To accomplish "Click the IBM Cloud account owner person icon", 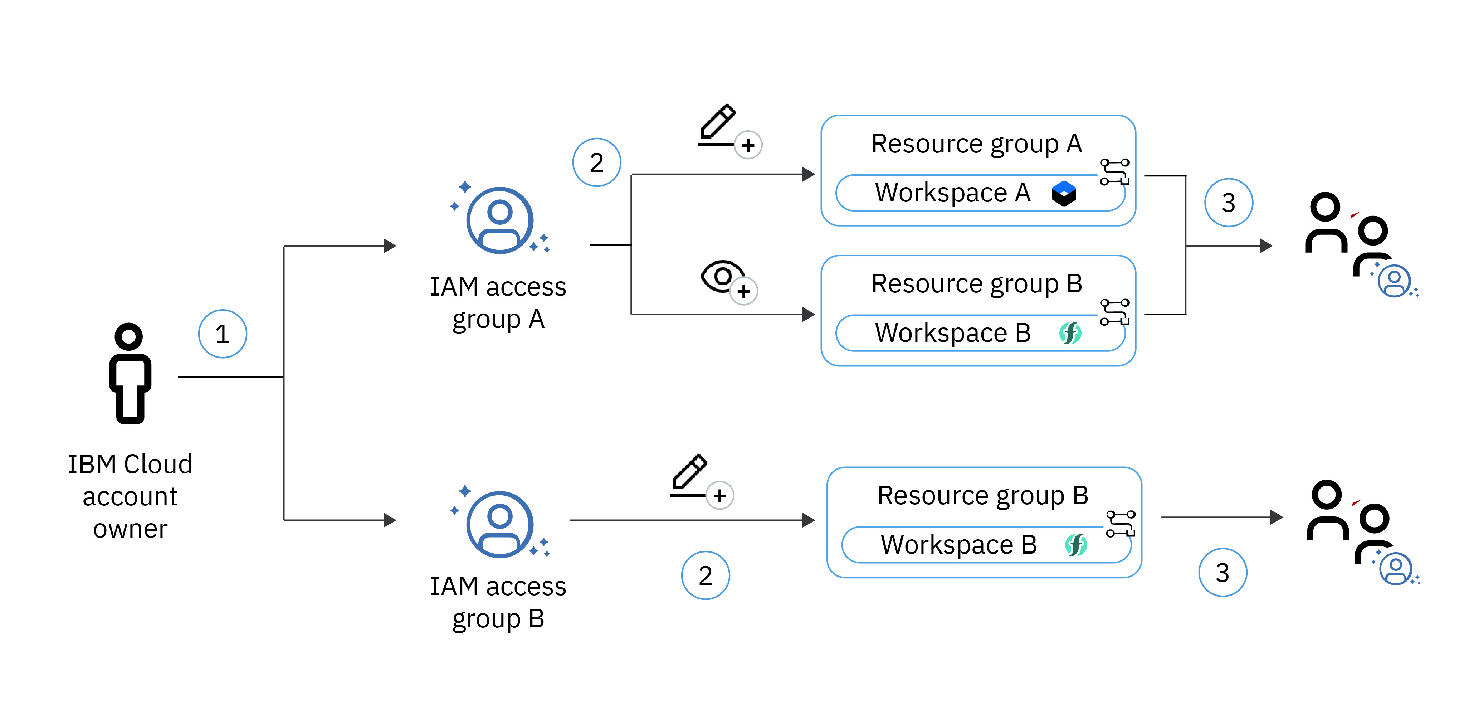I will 130,373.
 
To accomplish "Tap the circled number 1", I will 222,334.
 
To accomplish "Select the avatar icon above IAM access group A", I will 499,220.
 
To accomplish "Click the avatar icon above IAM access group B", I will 499,524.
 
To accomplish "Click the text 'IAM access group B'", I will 498,602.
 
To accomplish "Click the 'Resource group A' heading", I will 976,144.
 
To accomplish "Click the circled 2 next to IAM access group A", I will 596,162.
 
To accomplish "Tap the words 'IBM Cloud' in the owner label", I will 130,464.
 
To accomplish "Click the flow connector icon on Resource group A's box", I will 1115,172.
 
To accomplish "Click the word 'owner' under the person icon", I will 130,529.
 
